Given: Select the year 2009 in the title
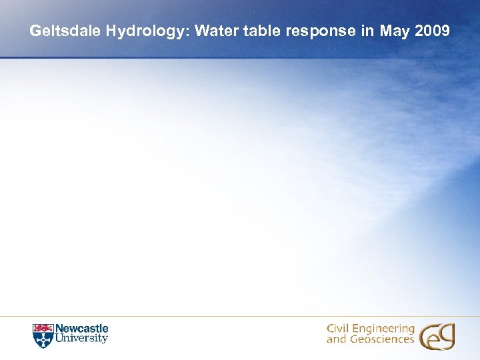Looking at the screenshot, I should (433, 31).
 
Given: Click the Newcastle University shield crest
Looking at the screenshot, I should (42, 335).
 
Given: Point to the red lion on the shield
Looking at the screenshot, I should (42, 328).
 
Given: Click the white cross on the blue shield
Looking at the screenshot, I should (42, 339).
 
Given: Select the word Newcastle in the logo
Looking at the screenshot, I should (81, 329).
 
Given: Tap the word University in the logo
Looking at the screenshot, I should (81, 339).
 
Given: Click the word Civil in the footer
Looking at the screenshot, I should (339, 329).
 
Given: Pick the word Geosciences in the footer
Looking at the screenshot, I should (381, 339).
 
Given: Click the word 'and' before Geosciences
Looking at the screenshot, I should (336, 339).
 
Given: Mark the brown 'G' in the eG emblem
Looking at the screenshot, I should (445, 336).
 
